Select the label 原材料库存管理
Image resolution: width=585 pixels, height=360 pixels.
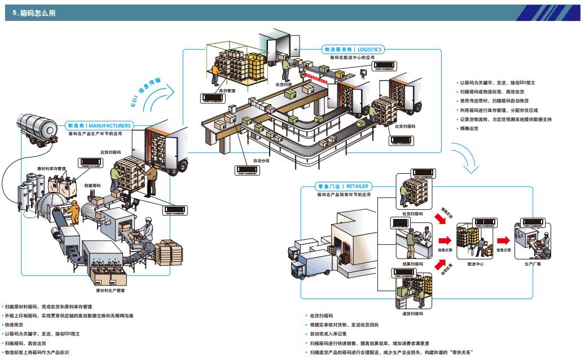[51, 168]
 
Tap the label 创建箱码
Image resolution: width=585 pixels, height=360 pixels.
[92, 185]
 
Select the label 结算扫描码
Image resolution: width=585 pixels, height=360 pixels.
[413, 264]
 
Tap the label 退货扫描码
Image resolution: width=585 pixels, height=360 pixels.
[413, 313]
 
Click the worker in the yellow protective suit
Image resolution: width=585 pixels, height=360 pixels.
[73, 213]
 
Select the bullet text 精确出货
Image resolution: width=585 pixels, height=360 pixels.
[469, 129]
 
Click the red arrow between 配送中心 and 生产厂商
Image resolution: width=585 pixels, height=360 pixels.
[503, 241]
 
